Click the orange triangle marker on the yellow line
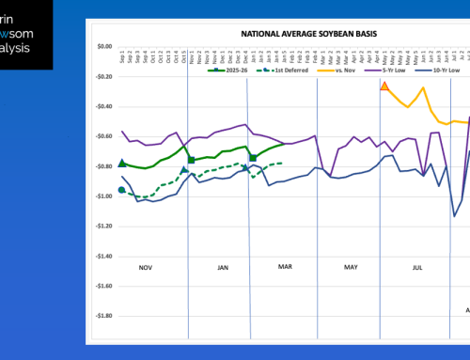[x=384, y=86]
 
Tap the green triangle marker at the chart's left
[x=122, y=164]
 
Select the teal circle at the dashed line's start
[x=122, y=191]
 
